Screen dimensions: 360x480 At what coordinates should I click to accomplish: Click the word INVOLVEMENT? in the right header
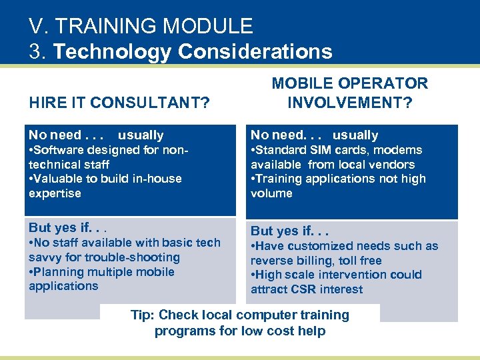pyautogui.click(x=350, y=103)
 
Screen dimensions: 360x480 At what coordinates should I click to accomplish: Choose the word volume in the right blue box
pyautogui.click(x=271, y=193)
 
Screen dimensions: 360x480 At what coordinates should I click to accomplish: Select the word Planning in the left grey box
pyautogui.click(x=59, y=272)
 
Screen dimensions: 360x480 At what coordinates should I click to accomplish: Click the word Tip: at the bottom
pyautogui.click(x=143, y=315)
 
